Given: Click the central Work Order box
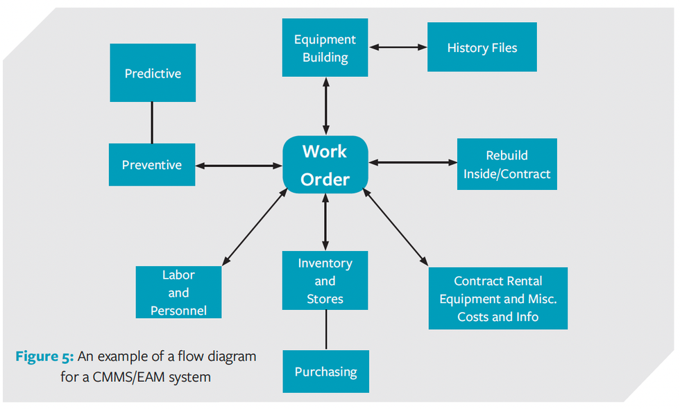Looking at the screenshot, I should [x=325, y=165].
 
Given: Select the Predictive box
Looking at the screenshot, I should [x=153, y=73].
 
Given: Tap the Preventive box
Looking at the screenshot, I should [x=152, y=165].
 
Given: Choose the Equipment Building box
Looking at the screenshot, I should [x=325, y=48].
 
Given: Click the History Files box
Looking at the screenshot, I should [x=482, y=47].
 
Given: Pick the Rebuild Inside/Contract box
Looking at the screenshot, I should [x=507, y=164].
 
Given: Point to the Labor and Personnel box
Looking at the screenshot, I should [x=178, y=293].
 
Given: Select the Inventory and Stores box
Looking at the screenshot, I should [x=325, y=281].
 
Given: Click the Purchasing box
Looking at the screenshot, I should [x=325, y=372].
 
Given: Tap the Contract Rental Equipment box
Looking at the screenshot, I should [x=498, y=299].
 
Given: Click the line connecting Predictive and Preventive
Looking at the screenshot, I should [x=152, y=123].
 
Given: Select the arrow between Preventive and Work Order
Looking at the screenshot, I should [x=239, y=166].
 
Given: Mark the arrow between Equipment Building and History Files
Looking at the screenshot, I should [x=398, y=47].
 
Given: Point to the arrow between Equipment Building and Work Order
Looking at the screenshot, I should [x=325, y=105].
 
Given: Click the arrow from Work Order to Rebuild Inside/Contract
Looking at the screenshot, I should [x=412, y=163].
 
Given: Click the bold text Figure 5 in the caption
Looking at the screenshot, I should [x=44, y=357].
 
